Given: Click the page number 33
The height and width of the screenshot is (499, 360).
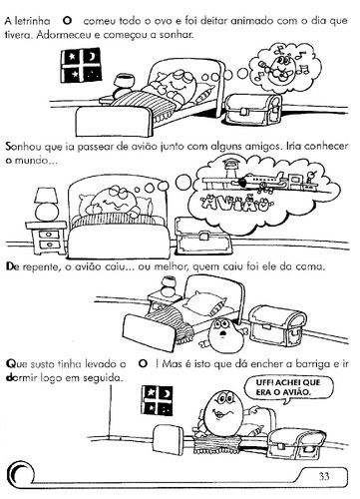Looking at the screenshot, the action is pos(324,476).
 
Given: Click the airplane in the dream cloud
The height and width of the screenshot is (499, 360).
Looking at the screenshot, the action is pos(261,180).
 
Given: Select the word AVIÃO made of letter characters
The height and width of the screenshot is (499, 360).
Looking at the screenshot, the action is pos(233,204).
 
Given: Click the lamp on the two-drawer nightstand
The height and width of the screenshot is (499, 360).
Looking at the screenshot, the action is pos(47,204).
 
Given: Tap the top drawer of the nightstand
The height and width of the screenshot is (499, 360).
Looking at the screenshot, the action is pos(49,235).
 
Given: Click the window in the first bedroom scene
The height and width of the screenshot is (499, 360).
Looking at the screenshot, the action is pos(81,65).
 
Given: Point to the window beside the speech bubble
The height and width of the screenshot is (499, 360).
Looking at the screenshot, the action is pos(157,401).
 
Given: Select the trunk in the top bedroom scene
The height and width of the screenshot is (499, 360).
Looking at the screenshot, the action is pos(253,109).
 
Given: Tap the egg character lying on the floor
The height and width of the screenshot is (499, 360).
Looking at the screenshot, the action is pos(221,336).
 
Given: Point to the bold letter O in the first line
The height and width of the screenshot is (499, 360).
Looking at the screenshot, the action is pos(67,21).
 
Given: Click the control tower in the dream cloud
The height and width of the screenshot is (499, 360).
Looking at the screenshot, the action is pos(228,168).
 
